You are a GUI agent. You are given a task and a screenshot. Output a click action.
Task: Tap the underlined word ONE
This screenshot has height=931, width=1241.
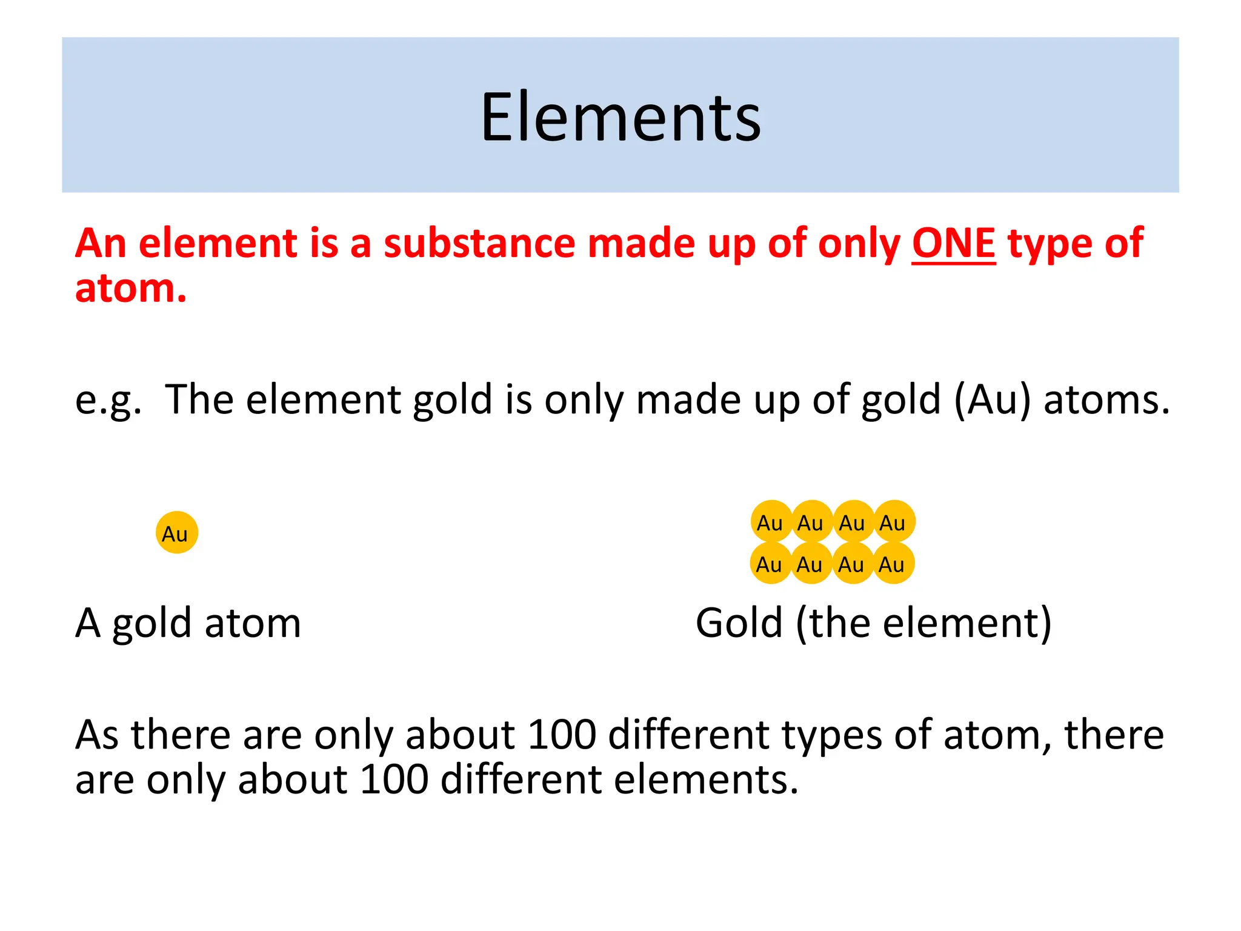(953, 244)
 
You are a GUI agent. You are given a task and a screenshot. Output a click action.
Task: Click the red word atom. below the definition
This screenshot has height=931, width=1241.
(131, 288)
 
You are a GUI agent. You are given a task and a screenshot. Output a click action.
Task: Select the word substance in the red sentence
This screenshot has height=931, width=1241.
(479, 244)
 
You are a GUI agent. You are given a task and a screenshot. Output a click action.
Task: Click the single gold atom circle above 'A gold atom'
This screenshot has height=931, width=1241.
(176, 533)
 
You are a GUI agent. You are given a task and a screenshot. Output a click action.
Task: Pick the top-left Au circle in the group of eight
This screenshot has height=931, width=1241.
(771, 522)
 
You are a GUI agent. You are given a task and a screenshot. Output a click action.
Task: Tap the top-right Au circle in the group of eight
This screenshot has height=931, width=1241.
(894, 522)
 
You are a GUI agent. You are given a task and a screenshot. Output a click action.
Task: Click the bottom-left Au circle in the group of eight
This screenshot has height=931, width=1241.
(770, 564)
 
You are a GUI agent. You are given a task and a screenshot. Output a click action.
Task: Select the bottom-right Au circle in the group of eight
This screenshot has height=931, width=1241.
(893, 564)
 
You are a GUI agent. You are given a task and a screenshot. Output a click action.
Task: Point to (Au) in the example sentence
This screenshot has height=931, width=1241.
(992, 400)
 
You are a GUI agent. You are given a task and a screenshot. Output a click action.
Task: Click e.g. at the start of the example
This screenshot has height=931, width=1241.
(108, 400)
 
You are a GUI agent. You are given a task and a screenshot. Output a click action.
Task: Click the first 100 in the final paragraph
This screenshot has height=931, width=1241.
(562, 735)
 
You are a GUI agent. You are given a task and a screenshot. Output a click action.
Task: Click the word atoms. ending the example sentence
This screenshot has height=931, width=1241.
(1106, 400)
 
